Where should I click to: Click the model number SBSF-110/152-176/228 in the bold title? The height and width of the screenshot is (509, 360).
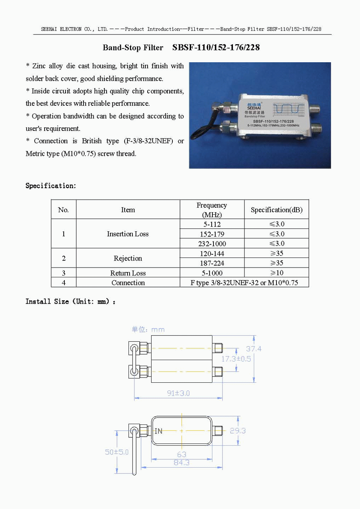pos(216,47)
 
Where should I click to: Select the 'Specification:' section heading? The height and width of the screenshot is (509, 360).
pos(51,186)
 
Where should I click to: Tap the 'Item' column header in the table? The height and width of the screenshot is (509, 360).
pos(128,210)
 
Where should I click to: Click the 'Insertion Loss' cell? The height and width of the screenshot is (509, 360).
pos(128,234)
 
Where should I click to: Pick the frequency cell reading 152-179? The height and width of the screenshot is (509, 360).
pos(212,234)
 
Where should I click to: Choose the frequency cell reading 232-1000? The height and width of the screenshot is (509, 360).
pos(212,244)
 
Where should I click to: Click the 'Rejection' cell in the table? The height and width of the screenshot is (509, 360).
pos(128,258)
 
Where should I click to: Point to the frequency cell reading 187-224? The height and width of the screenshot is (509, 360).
pos(212,263)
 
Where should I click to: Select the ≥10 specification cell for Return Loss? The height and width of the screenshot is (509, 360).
pos(276,273)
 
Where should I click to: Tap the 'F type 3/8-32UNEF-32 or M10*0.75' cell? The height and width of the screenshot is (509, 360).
pos(244,283)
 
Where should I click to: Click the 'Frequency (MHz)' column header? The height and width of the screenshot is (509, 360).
pos(212,210)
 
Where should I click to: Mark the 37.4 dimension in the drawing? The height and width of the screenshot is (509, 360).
pos(253,349)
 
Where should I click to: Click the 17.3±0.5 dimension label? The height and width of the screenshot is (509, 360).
pos(236,359)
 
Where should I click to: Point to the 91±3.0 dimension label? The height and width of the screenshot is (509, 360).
pos(178,393)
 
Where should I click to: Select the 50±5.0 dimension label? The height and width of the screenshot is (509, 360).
pos(117,452)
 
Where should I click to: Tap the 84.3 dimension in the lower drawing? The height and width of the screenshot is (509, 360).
pos(181,463)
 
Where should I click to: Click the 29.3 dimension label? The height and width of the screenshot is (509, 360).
pos(238,431)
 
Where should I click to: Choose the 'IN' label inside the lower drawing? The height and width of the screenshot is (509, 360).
pos(158,431)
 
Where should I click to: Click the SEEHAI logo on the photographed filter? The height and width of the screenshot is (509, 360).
pos(254,106)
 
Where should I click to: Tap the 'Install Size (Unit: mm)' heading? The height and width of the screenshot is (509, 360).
pos(70,301)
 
